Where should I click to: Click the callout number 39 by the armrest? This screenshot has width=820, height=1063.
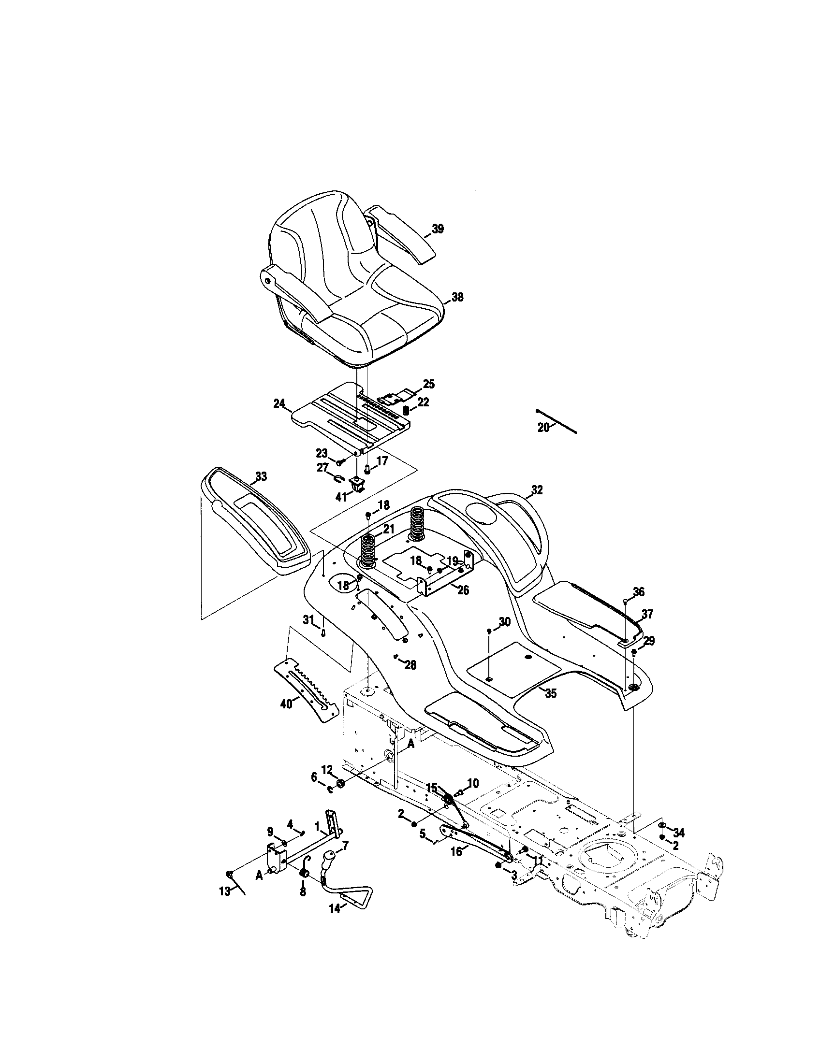[x=438, y=229]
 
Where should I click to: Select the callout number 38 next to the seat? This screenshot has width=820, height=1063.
[x=457, y=297]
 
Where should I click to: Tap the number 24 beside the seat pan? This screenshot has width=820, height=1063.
[x=279, y=403]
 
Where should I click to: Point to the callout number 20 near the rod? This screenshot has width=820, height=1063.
[x=543, y=427]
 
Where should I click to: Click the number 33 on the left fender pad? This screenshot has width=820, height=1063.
[x=261, y=476]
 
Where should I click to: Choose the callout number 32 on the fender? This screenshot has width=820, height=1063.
[x=536, y=490]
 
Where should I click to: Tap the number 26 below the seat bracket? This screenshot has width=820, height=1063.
[x=463, y=590]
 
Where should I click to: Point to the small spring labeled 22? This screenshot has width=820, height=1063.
[x=406, y=411]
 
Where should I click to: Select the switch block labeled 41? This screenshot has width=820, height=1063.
[x=357, y=482]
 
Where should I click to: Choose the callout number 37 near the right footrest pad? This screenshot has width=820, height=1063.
[x=646, y=614]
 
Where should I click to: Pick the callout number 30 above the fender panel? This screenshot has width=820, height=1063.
[x=505, y=621]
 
